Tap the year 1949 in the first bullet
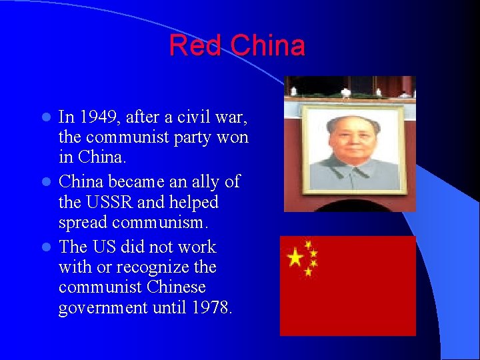pyautogui.click(x=99, y=118)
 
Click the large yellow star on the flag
pyautogui.click(x=294, y=257)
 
